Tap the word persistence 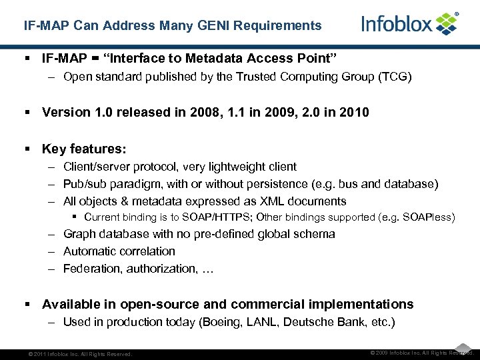(x=279, y=184)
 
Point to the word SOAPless (x=430, y=217)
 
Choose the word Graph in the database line (x=78, y=234)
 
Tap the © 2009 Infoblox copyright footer (x=421, y=353)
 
